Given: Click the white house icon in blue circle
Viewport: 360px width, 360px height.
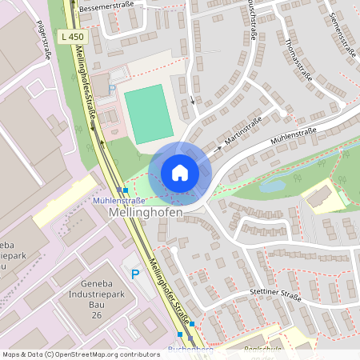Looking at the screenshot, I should tap(180, 172).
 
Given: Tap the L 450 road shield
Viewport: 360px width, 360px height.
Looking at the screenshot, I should tap(70, 36).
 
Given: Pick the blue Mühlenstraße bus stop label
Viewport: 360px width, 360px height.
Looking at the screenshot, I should tap(118, 200).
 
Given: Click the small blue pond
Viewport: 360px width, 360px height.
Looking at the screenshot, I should tap(272, 186).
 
